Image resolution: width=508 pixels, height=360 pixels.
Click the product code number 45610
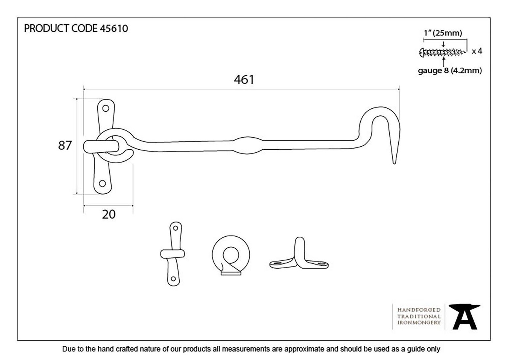point(114,29)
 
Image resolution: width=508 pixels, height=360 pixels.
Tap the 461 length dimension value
point(244,80)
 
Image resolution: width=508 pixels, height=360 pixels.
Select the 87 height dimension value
point(65,145)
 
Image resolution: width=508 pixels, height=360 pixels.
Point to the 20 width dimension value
point(109,215)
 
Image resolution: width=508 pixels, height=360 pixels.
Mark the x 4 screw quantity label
point(477,51)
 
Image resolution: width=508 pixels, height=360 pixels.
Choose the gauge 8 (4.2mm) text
point(450,71)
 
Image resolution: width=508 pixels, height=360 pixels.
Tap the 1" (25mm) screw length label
point(443,33)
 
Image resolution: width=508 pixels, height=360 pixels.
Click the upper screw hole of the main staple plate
point(106,108)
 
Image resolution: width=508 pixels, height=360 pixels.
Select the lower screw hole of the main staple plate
point(102,183)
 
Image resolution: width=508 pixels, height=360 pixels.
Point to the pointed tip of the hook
point(394,163)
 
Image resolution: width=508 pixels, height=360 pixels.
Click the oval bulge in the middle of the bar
point(248,145)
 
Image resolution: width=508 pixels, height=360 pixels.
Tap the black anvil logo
point(464,317)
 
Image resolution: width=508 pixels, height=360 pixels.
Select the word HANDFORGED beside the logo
point(419,310)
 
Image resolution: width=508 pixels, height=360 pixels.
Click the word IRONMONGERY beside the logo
point(419,323)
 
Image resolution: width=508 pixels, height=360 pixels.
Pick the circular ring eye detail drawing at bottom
point(231,255)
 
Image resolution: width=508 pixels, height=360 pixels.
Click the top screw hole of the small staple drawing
point(176,228)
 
